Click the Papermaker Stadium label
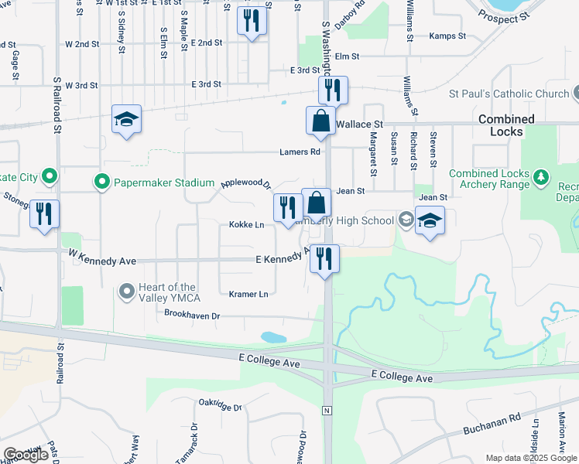pos(164,183)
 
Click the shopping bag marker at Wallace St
pos(320,121)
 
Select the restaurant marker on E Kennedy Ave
pos(324,257)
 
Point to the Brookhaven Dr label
pos(192,315)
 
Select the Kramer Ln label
pos(248,294)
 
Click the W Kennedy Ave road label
pos(97,257)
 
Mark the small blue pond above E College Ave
pos(273,337)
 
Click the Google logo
pos(26,455)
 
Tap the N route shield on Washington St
pos(327,409)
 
